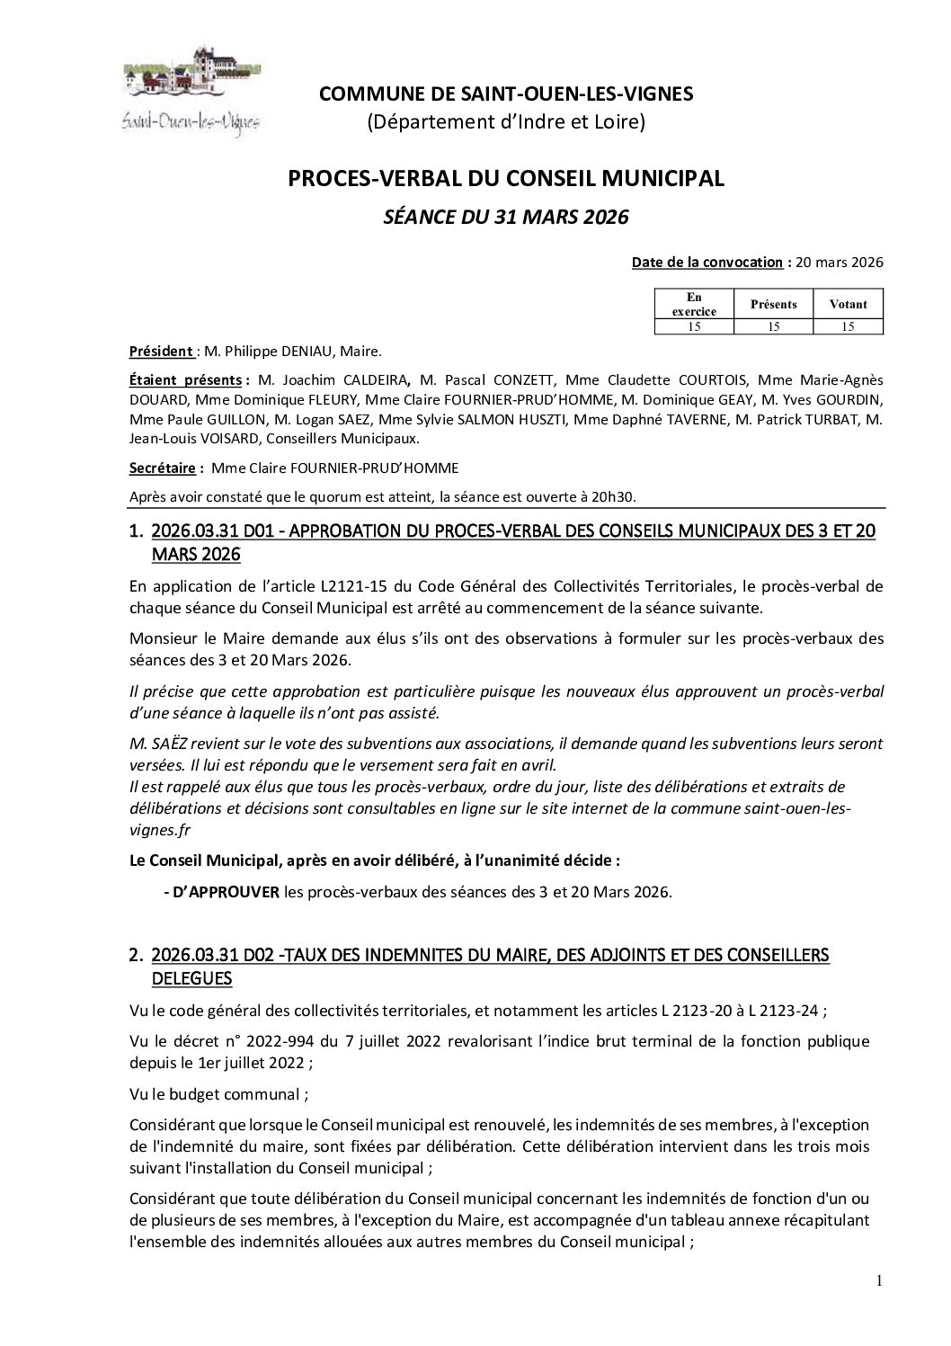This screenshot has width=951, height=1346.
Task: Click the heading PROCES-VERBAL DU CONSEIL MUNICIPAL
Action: (505, 179)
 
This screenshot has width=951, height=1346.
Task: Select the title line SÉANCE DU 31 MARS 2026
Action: (505, 217)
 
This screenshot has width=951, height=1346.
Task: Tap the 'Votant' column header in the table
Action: (848, 304)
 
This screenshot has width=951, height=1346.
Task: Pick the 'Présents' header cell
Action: (773, 304)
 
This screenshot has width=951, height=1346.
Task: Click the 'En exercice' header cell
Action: (694, 304)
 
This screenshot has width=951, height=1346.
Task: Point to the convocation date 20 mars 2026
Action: (840, 263)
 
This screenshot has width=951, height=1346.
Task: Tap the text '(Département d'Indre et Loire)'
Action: (505, 121)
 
